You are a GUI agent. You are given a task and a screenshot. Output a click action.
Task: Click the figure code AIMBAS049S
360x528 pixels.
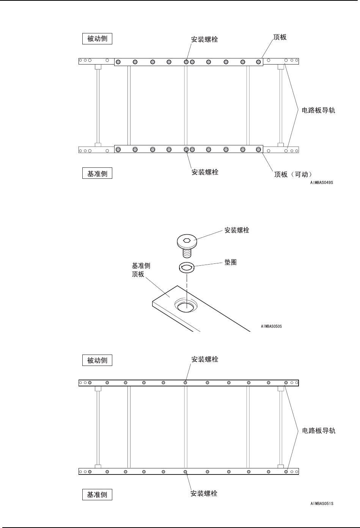tap(321, 183)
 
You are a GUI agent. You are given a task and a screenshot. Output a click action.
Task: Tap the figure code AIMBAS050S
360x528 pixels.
tap(271, 326)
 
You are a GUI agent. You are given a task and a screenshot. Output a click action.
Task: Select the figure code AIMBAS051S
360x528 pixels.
tap(321, 504)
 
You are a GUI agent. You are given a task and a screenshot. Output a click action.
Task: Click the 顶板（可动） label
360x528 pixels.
tap(293, 175)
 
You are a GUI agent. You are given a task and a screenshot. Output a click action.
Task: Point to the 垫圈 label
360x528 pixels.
tap(230, 262)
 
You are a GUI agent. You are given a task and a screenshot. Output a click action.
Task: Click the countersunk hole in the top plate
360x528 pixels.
tap(186, 306)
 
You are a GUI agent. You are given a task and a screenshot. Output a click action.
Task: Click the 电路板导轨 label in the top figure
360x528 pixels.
tap(318, 111)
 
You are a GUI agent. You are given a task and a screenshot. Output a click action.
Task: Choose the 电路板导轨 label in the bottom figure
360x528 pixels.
tap(318, 431)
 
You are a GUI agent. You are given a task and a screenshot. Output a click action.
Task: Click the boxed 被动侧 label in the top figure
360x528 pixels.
tap(97, 39)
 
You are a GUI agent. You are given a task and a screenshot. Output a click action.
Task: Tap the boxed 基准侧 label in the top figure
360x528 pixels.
tap(97, 174)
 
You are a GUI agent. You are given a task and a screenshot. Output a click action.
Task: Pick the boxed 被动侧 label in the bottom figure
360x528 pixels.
tap(97, 360)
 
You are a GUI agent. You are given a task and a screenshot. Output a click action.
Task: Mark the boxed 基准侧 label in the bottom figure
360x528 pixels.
tap(97, 495)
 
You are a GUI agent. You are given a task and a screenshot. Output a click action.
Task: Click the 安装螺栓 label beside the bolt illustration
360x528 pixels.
tap(237, 230)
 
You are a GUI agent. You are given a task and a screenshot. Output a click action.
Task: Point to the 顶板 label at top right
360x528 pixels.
tap(280, 37)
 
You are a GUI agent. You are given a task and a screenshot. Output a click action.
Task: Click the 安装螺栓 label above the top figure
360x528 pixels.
tap(205, 39)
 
